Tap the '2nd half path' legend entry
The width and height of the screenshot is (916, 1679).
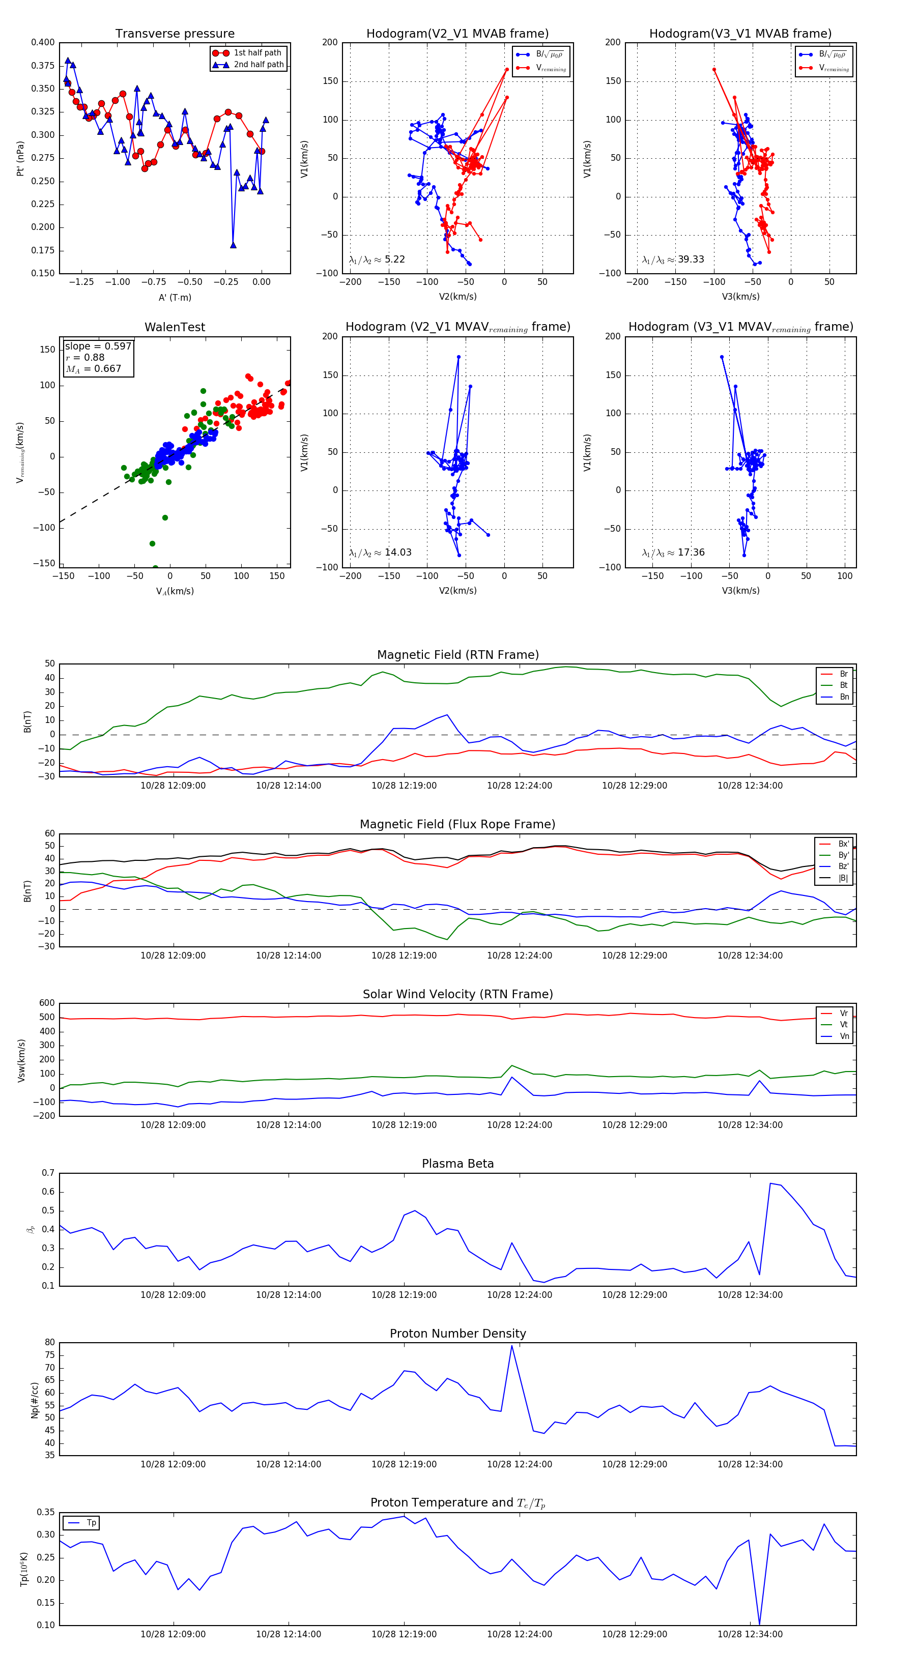point(258,65)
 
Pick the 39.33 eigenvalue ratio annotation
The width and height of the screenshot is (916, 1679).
point(691,259)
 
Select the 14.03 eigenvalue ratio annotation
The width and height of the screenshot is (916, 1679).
point(397,553)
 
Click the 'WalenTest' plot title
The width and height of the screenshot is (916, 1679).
point(175,327)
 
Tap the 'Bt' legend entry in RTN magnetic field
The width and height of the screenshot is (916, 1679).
point(843,685)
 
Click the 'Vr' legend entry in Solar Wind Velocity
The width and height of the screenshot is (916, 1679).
point(844,1014)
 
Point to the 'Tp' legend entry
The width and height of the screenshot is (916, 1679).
point(91,1523)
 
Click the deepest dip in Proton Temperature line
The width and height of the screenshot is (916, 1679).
point(759,1624)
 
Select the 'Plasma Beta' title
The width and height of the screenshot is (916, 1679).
point(457,1164)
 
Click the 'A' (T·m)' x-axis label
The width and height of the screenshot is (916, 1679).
point(175,298)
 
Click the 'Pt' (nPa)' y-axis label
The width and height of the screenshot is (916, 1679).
point(21,158)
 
